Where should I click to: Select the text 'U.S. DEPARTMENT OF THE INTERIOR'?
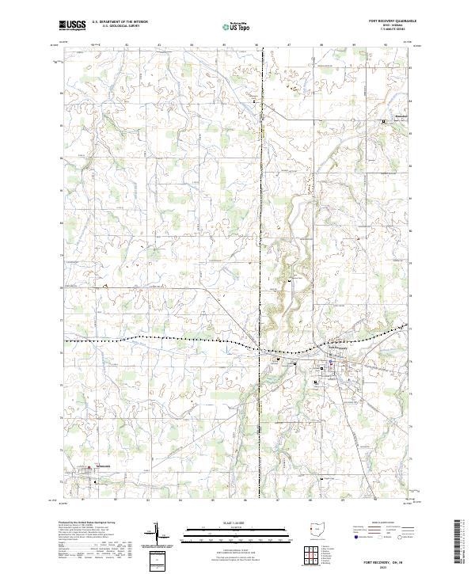tap(120, 22)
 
